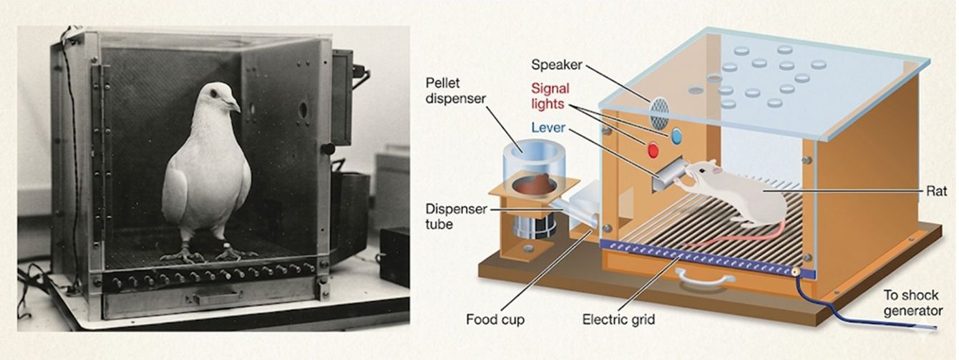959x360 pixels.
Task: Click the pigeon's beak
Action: coord(234,105)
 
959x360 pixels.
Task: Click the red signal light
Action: coord(653,150)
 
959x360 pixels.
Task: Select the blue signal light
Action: coord(676,136)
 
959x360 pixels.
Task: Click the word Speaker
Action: coord(557,64)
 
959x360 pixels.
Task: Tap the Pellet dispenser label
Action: coord(456,90)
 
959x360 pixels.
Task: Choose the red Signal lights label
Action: coord(550,97)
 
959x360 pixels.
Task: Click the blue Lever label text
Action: coord(548,127)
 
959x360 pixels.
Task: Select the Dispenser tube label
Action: coord(456,217)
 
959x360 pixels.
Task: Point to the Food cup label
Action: coord(495,319)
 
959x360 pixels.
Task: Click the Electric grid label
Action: coord(618,319)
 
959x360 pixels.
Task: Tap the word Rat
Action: coord(937,191)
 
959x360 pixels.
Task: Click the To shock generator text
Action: coord(913,303)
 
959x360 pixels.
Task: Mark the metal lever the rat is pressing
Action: coord(668,174)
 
